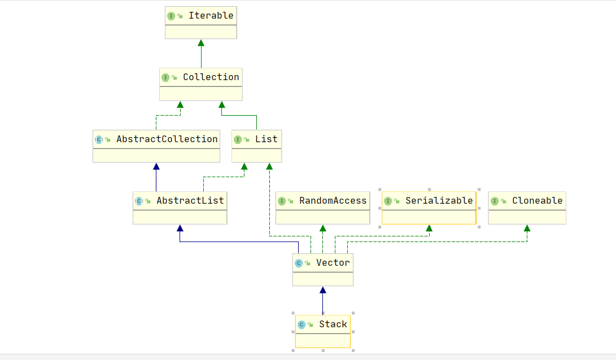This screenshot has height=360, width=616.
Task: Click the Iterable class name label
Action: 211,16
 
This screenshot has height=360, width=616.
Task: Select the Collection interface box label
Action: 211,77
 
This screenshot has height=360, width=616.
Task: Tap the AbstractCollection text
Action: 167,139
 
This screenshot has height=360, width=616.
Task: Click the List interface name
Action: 266,139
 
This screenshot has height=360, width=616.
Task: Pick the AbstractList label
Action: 190,200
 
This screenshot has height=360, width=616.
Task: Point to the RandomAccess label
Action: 333,200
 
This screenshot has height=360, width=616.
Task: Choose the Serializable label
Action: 439,200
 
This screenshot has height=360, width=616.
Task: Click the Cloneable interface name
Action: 537,200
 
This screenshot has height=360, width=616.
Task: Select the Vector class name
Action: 333,262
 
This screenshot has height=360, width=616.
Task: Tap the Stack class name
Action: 333,324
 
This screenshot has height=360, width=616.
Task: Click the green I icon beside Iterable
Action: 171,16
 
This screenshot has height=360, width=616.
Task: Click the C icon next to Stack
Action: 302,324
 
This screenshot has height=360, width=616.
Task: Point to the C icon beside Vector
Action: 299,263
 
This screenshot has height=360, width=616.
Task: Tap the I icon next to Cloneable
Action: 495,201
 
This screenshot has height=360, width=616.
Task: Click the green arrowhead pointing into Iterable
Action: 201,43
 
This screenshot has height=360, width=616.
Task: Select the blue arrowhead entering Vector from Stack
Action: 323,290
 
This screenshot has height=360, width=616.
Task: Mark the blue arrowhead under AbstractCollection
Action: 156,166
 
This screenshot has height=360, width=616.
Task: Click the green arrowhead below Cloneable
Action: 527,228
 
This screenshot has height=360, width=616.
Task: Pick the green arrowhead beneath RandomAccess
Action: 322,228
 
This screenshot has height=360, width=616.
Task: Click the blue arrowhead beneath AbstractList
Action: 180,228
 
